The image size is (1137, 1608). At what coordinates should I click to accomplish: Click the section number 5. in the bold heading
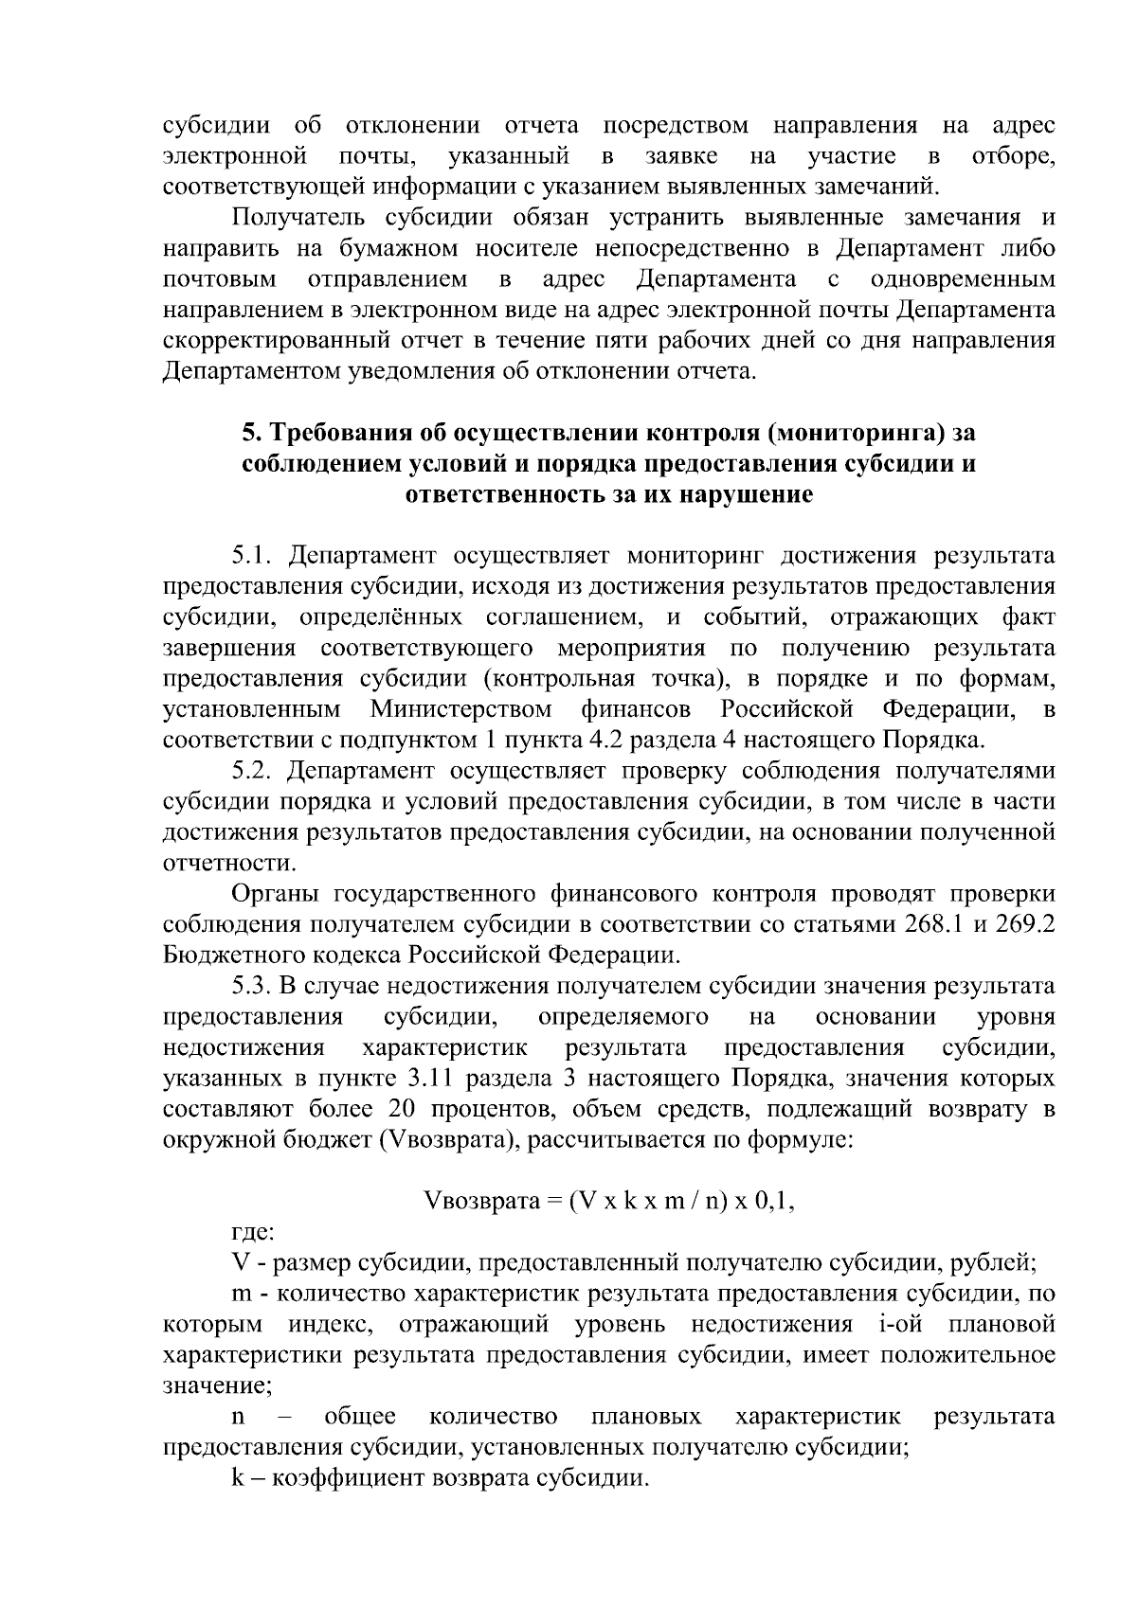251,433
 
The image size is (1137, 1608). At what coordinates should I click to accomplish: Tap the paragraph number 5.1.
253,555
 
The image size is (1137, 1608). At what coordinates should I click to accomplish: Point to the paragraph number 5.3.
253,986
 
